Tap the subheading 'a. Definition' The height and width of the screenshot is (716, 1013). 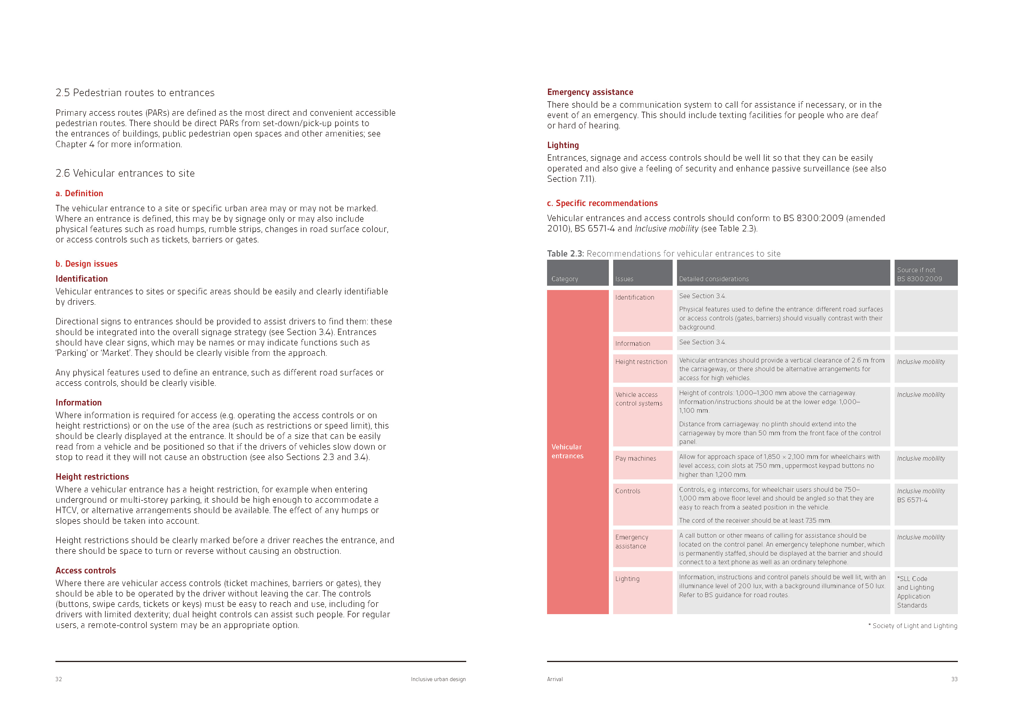79,193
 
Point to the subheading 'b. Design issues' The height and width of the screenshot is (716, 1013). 87,264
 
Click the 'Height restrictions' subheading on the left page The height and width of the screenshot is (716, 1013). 92,476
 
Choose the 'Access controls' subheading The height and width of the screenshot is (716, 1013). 85,571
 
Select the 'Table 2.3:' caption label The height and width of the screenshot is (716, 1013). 565,254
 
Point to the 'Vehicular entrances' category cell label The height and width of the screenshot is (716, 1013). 567,451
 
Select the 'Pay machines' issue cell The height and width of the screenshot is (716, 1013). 635,458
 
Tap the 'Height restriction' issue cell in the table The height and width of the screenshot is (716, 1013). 641,362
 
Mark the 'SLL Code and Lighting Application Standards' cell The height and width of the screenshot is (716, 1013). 915,592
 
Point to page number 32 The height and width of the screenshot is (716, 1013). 59,679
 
